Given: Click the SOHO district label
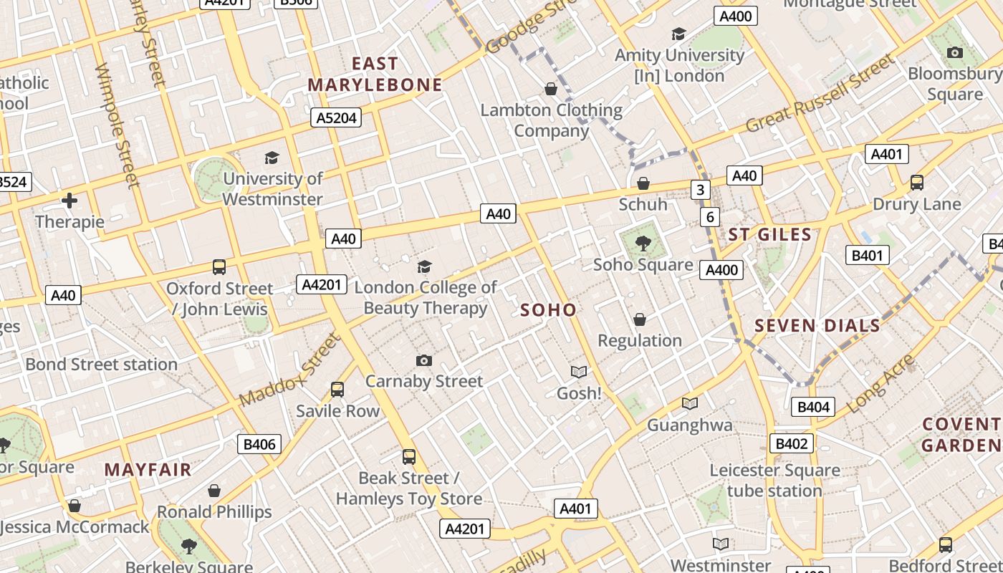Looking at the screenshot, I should pyautogui.click(x=548, y=310).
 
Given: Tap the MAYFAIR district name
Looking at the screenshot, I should pyautogui.click(x=148, y=470).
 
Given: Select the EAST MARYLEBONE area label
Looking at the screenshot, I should pyautogui.click(x=375, y=74).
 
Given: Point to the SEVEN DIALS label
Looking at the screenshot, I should pyautogui.click(x=817, y=326).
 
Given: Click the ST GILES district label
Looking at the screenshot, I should pyautogui.click(x=770, y=234).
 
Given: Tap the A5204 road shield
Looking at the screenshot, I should pyautogui.click(x=336, y=117).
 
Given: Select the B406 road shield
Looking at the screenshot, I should pyautogui.click(x=259, y=444).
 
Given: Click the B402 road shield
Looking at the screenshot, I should pyautogui.click(x=792, y=443).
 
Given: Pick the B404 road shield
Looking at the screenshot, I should pyautogui.click(x=813, y=408).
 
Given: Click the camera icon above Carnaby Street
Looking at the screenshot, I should pyautogui.click(x=424, y=360).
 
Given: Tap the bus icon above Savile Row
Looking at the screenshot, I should pyautogui.click(x=337, y=390).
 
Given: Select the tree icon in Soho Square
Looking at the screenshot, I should pyautogui.click(x=643, y=244).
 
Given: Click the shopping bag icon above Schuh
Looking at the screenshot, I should pyautogui.click(x=643, y=183).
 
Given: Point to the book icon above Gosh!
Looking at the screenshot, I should pyautogui.click(x=579, y=372).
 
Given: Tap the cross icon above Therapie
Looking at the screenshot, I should pyautogui.click(x=69, y=201).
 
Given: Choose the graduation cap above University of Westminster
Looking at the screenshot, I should pyautogui.click(x=272, y=158).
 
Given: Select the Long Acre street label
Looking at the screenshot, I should pyautogui.click(x=880, y=384).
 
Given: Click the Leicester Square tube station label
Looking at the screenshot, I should pyautogui.click(x=774, y=481).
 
